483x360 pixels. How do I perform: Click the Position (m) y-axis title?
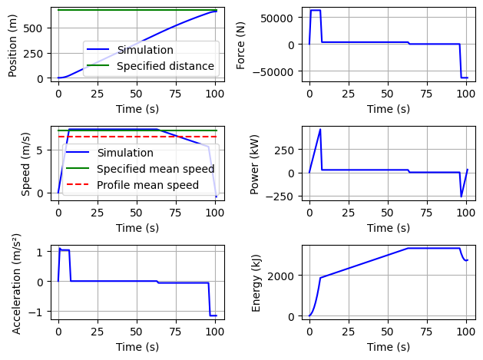point(13,43)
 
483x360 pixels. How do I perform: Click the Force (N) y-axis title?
point(241,43)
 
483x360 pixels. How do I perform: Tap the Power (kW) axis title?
point(255,163)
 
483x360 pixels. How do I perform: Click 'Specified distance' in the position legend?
point(165,66)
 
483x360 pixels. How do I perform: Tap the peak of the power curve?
point(320,129)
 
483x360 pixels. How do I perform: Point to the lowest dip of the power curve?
point(461,197)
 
